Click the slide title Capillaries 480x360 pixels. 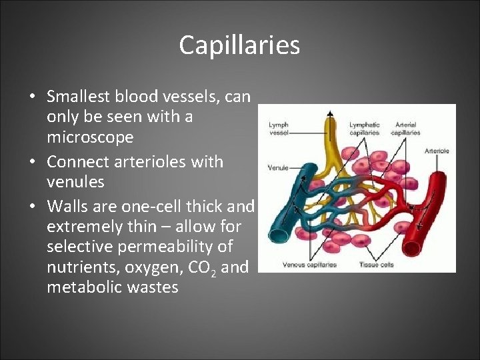tap(239, 45)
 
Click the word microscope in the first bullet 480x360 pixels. tap(90, 138)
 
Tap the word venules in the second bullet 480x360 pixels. tap(75, 181)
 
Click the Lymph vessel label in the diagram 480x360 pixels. tap(279, 128)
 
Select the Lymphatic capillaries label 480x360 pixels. tap(365, 128)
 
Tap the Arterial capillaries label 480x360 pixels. tap(405, 128)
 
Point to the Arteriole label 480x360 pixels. tap(437, 151)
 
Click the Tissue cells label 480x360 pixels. tap(377, 265)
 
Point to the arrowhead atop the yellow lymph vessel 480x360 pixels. tap(329, 115)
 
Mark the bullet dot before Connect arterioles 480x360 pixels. tap(33, 162)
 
